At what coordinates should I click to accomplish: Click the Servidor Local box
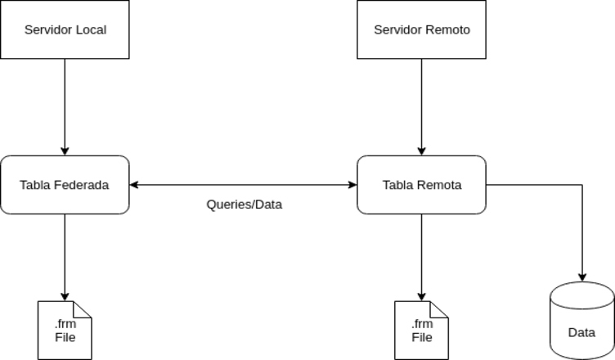(65, 29)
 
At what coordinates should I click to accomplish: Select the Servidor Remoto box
(421, 29)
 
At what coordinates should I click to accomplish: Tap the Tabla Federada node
(65, 185)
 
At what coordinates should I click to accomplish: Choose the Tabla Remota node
(421, 185)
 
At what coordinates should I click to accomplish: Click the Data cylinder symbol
(581, 321)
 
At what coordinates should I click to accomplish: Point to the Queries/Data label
(244, 205)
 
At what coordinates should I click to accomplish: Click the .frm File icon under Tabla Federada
(65, 330)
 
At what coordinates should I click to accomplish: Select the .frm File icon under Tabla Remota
(421, 330)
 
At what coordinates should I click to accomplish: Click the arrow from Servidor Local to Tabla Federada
(65, 106)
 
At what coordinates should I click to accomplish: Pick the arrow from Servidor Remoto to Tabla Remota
(421, 106)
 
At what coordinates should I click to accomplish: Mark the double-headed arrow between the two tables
(244, 185)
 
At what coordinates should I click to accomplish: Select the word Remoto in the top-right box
(448, 30)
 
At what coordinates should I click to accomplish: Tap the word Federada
(81, 185)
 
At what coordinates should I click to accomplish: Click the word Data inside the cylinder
(581, 333)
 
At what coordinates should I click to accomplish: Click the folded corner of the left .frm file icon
(83, 308)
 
